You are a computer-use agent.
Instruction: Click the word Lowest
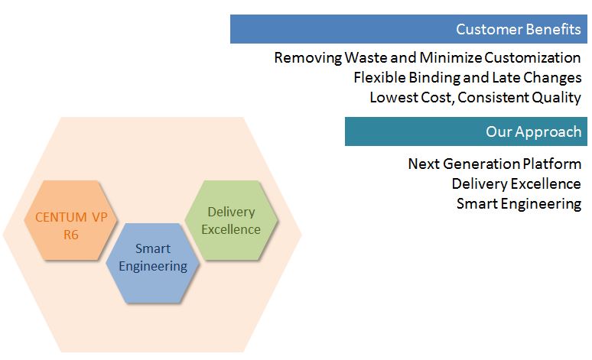[392, 97]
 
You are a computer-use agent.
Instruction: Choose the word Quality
[559, 97]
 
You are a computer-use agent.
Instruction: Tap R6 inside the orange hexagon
[71, 235]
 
